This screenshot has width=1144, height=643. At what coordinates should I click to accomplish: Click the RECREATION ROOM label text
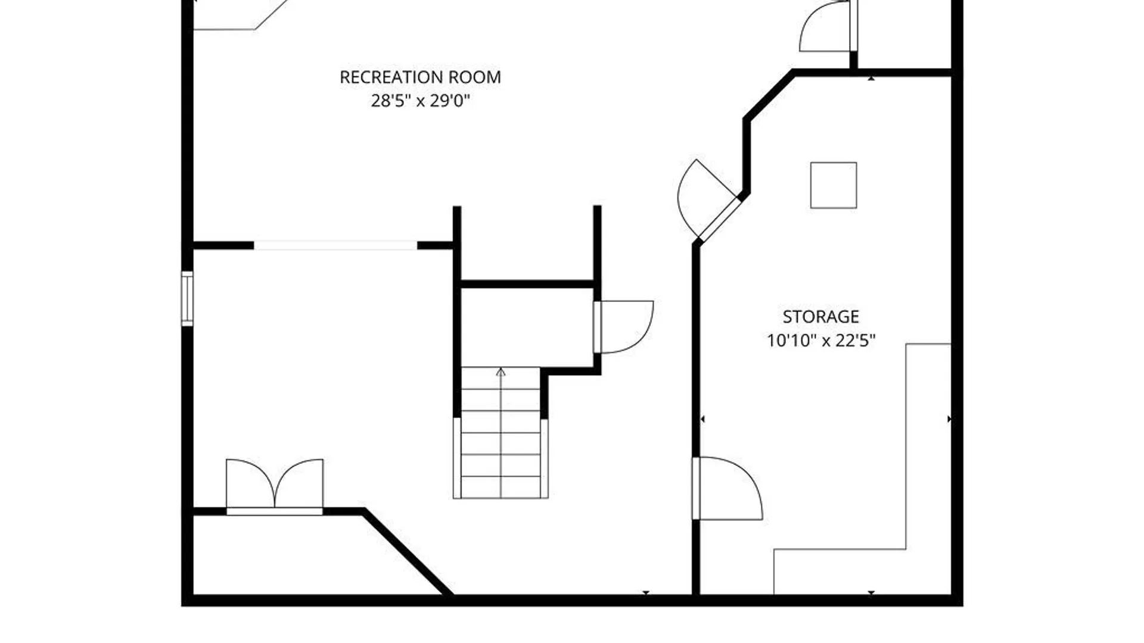point(420,77)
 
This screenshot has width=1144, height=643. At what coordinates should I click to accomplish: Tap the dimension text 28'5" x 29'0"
point(420,101)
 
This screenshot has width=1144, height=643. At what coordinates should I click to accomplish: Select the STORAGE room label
point(820,317)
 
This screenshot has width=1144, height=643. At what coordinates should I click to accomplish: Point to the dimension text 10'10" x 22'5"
point(820,341)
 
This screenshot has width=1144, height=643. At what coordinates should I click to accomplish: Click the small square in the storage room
point(834,185)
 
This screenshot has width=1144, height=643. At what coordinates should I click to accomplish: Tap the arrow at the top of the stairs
point(500,373)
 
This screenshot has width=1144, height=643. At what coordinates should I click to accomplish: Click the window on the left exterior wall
point(187,298)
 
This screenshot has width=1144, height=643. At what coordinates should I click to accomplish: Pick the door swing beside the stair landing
point(624,327)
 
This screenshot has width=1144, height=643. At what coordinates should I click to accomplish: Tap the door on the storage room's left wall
point(727,488)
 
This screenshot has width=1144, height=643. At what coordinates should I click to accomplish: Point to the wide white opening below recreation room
point(335,245)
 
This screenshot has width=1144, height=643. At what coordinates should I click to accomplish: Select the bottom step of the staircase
point(500,487)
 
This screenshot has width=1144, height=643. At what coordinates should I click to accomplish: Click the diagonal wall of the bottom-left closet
point(408,552)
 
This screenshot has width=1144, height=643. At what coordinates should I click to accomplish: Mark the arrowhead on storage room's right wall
point(949,419)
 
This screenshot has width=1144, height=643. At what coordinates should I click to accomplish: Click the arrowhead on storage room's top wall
point(871,78)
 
